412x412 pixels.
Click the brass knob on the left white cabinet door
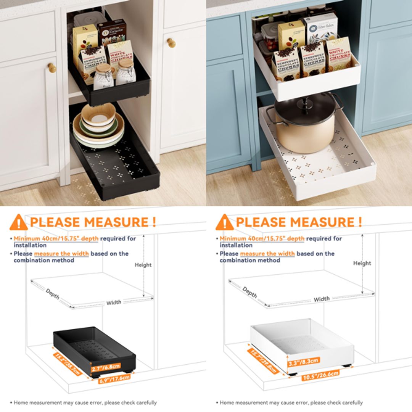tap(51, 68)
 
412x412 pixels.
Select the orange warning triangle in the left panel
tap(19, 222)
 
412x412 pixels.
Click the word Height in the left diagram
tap(143, 265)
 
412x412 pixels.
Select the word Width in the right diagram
tap(322, 299)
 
